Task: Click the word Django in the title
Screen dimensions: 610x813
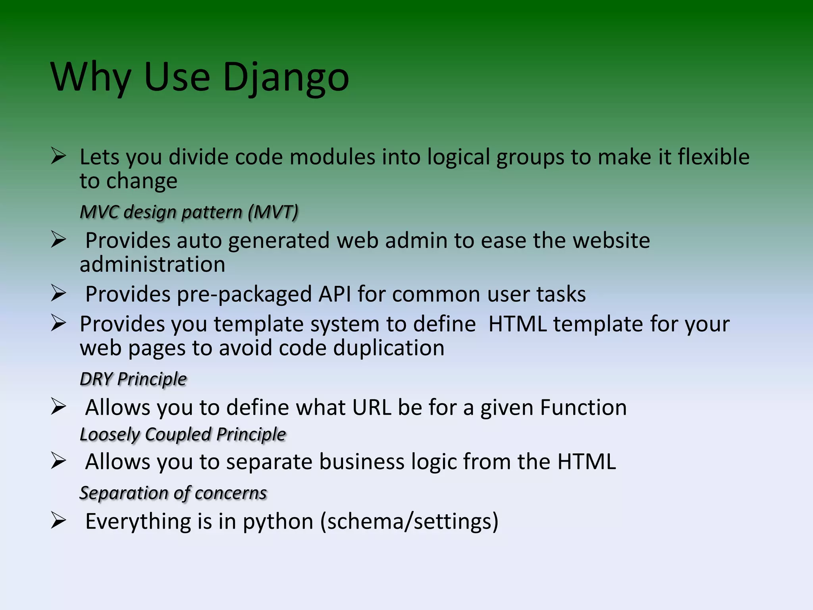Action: point(286,77)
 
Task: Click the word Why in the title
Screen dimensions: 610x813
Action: point(91,77)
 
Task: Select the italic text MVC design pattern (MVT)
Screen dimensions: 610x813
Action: point(189,212)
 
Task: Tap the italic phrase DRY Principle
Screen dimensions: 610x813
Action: point(133,379)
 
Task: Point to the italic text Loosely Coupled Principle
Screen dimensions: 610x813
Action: point(183,434)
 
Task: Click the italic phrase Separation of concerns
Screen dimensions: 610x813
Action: point(173,493)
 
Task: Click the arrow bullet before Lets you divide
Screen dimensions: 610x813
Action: point(58,156)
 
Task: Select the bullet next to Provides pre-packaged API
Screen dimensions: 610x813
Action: point(58,293)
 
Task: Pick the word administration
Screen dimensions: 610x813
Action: point(152,264)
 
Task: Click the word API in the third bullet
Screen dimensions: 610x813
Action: point(334,294)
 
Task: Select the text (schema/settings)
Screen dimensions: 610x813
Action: point(409,521)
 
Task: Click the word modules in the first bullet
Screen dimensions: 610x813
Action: point(332,157)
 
